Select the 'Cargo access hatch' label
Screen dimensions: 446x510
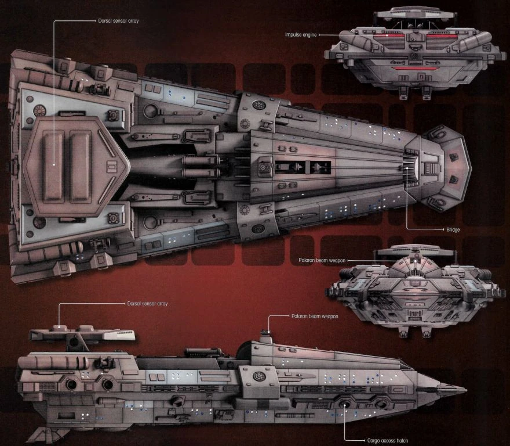(388, 441)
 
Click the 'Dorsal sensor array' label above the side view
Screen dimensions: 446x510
(147, 304)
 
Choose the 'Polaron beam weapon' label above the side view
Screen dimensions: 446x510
(314, 316)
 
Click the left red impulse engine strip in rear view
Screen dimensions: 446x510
(389, 35)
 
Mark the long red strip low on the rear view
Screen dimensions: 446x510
(416, 69)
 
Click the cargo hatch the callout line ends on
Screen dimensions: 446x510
(345, 404)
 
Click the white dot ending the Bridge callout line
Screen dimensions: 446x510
(407, 168)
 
